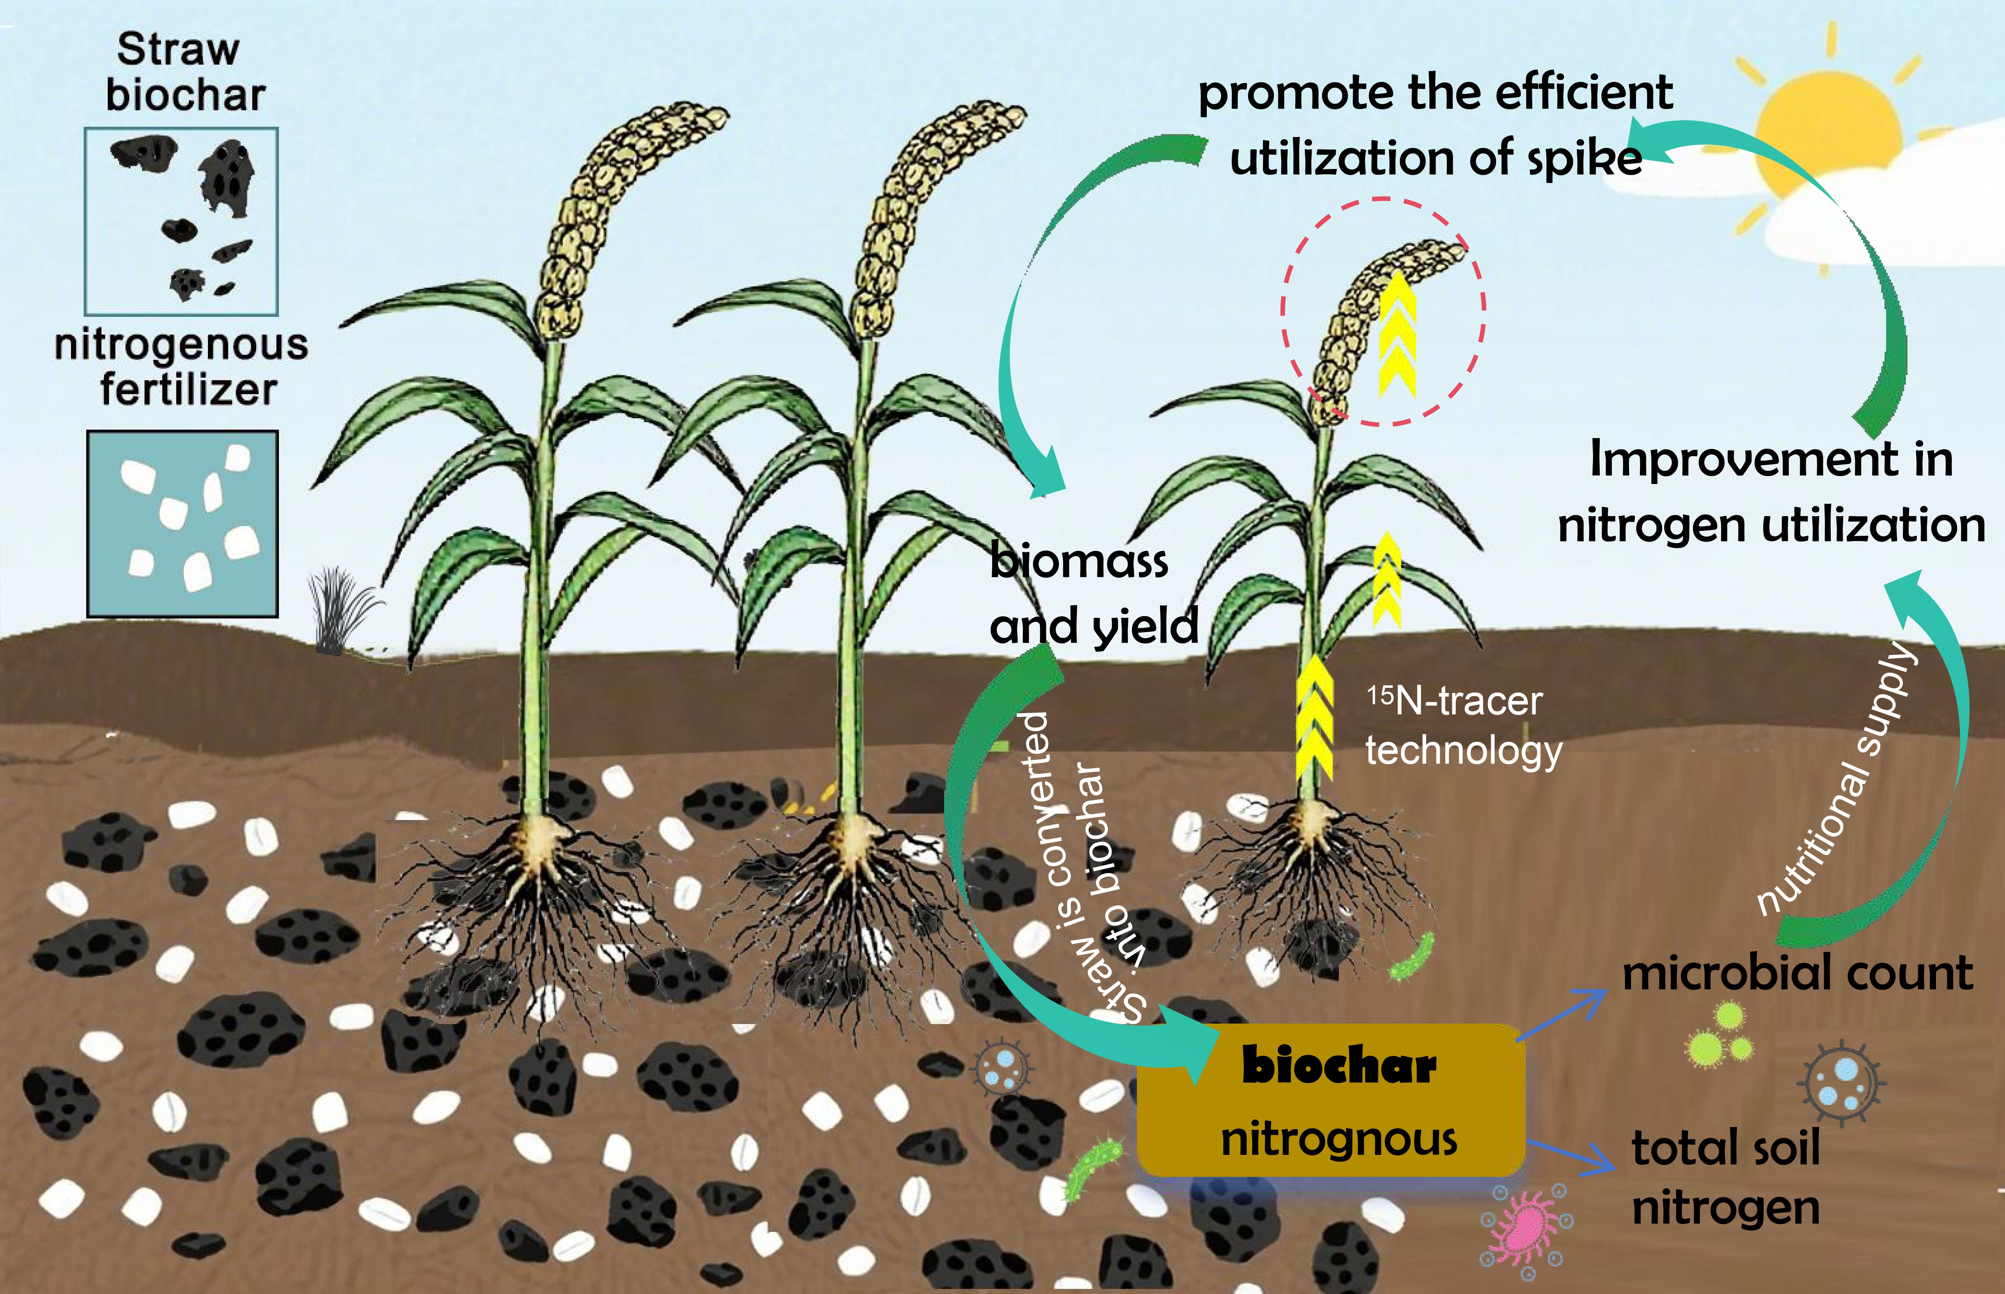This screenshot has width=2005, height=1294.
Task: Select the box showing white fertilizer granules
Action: (x=182, y=523)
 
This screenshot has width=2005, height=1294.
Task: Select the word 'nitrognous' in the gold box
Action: (x=1338, y=1140)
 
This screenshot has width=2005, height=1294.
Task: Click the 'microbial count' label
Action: (x=1797, y=973)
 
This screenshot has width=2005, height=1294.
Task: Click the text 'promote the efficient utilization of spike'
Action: (x=1435, y=124)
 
